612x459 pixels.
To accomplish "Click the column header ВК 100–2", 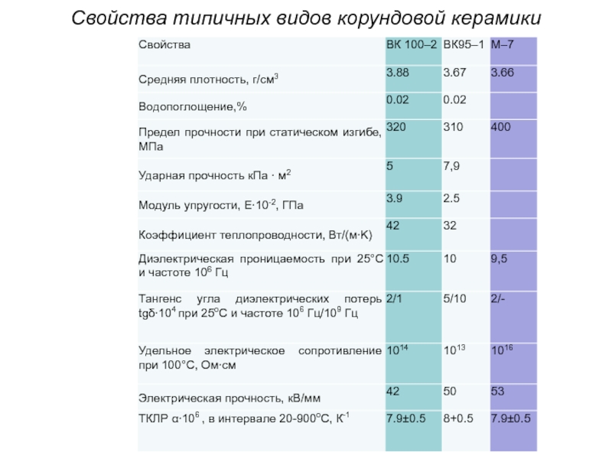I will pos(412,45).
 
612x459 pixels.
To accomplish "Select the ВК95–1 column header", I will pos(463,45).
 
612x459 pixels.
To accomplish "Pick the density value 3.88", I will pos(399,72).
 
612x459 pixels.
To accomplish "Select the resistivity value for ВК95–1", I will pos(454,350).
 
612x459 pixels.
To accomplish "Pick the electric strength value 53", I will pos(498,391).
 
